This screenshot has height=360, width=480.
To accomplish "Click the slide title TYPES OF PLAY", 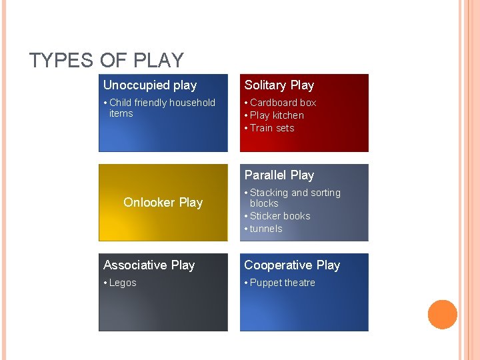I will tap(106, 61).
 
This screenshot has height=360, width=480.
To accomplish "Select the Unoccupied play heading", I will tap(150, 85).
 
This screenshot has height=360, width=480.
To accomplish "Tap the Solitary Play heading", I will tap(279, 85).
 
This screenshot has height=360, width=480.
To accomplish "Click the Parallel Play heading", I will tap(279, 175).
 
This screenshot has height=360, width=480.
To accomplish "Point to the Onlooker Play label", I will tap(163, 203).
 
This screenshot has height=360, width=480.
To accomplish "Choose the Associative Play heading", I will tap(149, 265).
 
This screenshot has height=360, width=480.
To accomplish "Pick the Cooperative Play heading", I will tap(292, 265).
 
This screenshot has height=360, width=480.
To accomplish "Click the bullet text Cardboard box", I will tap(283, 103).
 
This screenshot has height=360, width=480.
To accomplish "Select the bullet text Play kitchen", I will tap(277, 115).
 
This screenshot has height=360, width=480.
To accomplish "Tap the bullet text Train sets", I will tap(272, 128).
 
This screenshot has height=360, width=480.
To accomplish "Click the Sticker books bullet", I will tap(280, 216).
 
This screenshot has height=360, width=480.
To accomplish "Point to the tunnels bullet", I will tap(266, 229).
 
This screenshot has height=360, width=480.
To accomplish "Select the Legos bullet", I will tap(123, 283).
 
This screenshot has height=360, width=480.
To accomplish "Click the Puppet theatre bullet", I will tap(282, 283).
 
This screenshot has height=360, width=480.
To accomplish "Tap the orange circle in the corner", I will tap(442, 315).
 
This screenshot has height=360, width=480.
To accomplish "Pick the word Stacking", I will tap(269, 193).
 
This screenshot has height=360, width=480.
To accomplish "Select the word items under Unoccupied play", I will tap(121, 113).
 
